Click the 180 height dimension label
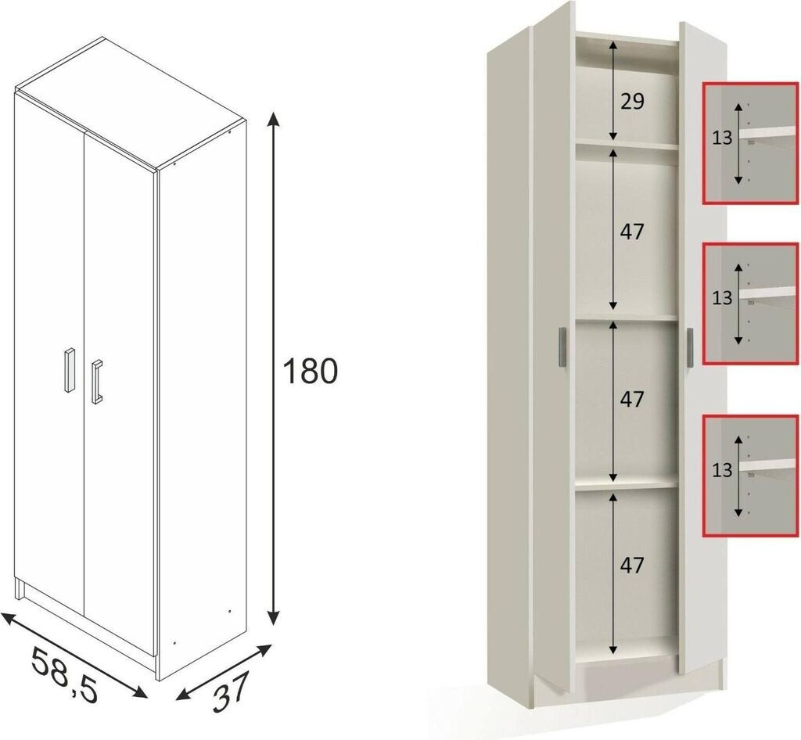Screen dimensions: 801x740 click(310, 371)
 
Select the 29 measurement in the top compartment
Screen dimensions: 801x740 click(632, 102)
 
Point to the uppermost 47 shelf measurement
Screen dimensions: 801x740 click(632, 232)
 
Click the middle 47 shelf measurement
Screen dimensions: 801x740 click(632, 399)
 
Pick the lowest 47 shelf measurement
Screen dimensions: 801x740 click(632, 565)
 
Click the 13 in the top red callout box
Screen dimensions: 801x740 click(722, 138)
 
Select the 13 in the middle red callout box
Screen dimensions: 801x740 click(722, 297)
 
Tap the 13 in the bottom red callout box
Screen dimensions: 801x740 click(722, 469)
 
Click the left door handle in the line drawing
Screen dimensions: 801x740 click(70, 370)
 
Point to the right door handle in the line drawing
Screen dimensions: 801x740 click(97, 382)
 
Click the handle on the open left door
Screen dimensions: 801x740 click(562, 347)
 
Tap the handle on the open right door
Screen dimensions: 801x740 click(690, 347)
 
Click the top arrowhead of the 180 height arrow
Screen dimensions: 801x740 click(274, 118)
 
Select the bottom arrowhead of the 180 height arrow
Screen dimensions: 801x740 click(274, 617)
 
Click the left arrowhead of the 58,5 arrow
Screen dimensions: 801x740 click(10, 619)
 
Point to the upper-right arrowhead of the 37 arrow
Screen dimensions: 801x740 click(264, 650)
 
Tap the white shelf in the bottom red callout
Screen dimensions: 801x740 click(769, 464)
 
